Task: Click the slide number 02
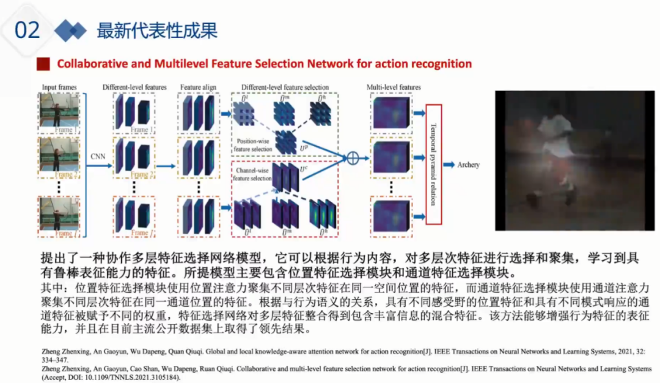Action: [x=27, y=29]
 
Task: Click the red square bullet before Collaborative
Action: [x=43, y=64]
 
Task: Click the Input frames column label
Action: [x=59, y=87]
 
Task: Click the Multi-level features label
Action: [x=394, y=87]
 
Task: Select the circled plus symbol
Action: [x=352, y=158]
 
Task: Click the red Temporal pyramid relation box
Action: [x=433, y=163]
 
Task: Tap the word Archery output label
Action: [x=469, y=165]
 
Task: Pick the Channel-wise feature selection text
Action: [x=252, y=174]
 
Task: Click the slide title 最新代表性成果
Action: [x=157, y=30]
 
